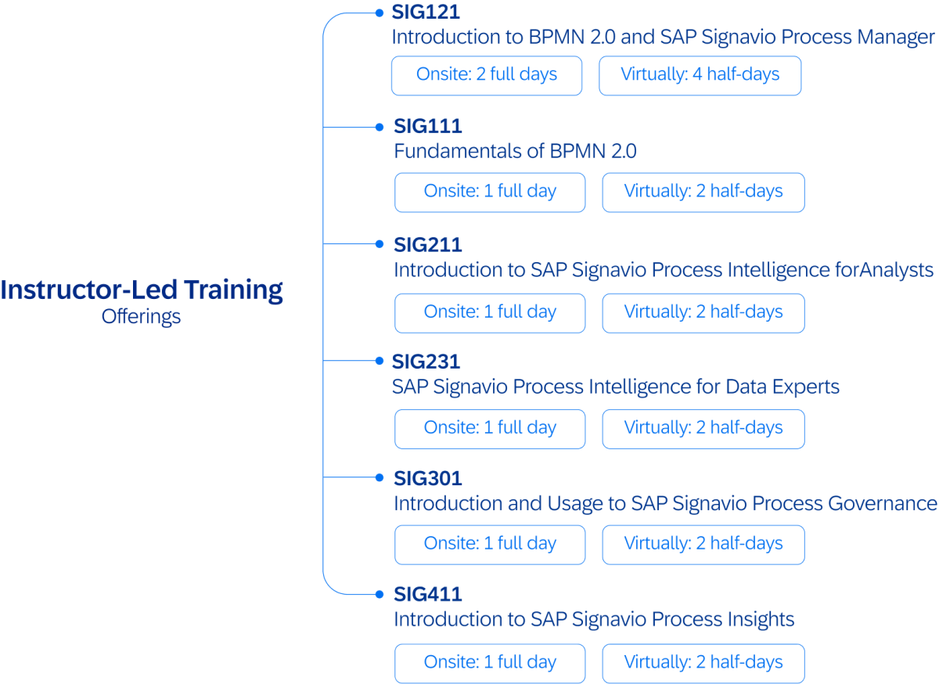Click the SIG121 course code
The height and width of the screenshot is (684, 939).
(x=426, y=13)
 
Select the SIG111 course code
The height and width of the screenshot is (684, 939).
(x=428, y=127)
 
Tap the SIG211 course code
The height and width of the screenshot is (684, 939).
(x=428, y=245)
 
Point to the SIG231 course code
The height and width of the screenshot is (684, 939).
(x=426, y=362)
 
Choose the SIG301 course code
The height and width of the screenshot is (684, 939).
(x=428, y=478)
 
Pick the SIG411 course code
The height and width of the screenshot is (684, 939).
(x=428, y=596)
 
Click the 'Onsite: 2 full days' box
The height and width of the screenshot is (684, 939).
(x=487, y=75)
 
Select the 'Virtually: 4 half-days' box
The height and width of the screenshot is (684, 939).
(x=700, y=75)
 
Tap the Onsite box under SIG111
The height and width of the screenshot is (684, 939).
(x=490, y=193)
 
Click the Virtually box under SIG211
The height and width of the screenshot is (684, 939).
(x=703, y=312)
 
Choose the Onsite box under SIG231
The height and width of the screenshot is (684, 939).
(x=490, y=429)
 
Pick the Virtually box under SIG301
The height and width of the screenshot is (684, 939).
(x=703, y=545)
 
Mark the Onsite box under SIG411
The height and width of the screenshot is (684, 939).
(x=490, y=663)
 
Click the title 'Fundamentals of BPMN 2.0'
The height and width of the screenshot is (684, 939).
(x=515, y=151)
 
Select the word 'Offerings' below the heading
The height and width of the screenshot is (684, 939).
(x=141, y=317)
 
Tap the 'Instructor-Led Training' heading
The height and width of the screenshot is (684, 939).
(x=142, y=290)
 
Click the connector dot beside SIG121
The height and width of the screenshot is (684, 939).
(x=380, y=13)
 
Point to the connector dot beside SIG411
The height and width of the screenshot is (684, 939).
(x=380, y=595)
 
